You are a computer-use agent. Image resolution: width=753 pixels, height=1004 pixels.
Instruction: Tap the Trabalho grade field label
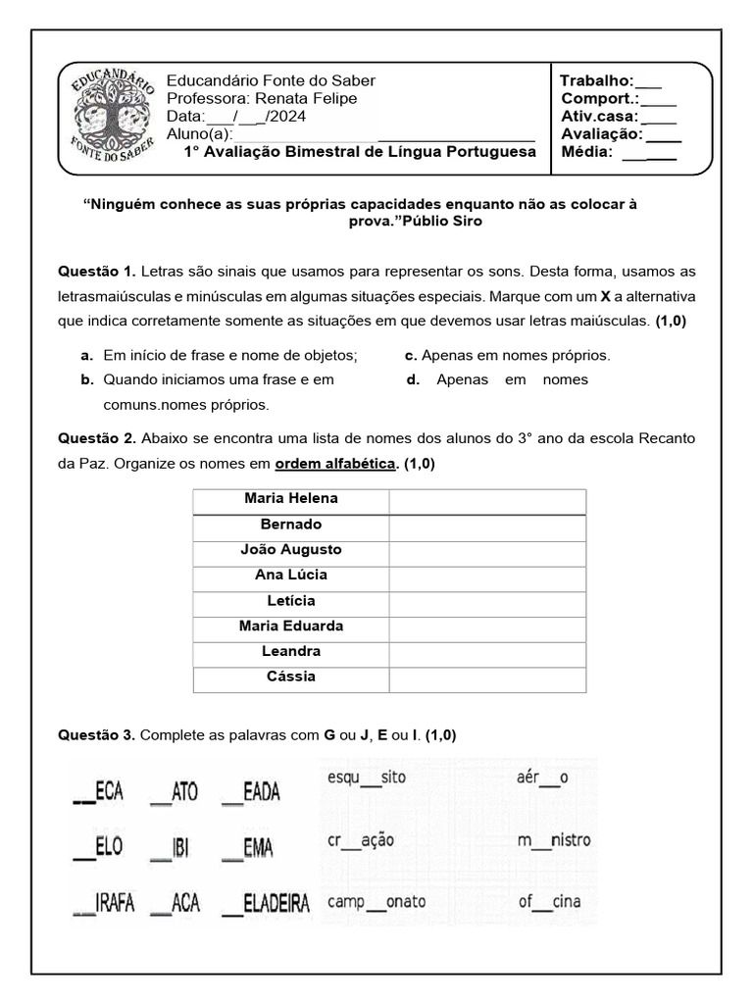(596, 80)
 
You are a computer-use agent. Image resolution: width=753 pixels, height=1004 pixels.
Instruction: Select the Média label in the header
(585, 152)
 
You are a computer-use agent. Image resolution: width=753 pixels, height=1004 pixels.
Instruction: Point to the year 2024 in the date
(287, 116)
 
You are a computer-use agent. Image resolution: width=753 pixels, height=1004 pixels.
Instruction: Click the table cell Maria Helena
(291, 499)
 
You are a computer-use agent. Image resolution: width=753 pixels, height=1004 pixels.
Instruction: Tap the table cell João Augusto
(291, 550)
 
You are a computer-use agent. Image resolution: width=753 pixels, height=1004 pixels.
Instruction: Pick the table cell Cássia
(291, 677)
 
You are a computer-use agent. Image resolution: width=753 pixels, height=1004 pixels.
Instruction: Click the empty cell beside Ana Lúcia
(487, 576)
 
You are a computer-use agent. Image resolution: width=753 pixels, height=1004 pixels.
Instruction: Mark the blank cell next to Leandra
(487, 652)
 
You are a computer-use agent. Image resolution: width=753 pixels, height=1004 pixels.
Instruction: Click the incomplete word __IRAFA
(103, 903)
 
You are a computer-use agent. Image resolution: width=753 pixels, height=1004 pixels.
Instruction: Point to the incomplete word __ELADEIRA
(265, 903)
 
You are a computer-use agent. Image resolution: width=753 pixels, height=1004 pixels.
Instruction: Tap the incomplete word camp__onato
(377, 902)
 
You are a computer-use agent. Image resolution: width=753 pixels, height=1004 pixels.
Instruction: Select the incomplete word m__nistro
(554, 841)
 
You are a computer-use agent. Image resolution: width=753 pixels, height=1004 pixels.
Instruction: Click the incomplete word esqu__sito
(367, 778)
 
